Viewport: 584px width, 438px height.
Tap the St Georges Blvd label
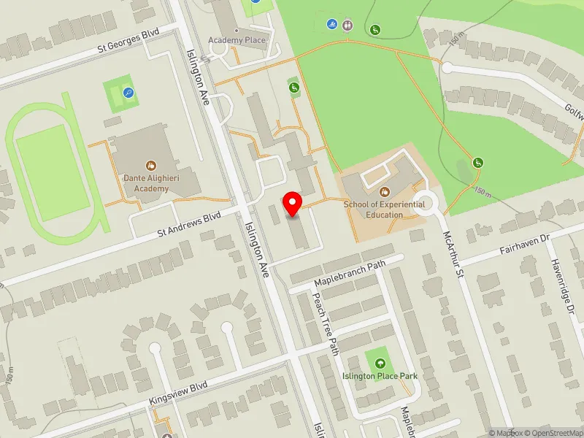click(x=129, y=44)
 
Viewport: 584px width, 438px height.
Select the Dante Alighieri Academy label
click(x=151, y=183)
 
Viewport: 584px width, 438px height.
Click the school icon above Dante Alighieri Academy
click(x=151, y=166)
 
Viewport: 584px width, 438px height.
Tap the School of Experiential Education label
click(x=384, y=210)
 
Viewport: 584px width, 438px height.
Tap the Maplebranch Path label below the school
click(x=349, y=274)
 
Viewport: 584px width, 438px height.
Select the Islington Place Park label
click(x=380, y=377)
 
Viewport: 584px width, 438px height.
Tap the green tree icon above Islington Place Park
click(x=380, y=363)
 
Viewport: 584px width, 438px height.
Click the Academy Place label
click(x=237, y=40)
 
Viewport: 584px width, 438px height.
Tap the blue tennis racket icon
click(x=128, y=93)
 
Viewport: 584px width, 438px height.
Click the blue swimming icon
click(x=333, y=24)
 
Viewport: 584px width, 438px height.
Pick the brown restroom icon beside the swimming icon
click(x=347, y=24)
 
